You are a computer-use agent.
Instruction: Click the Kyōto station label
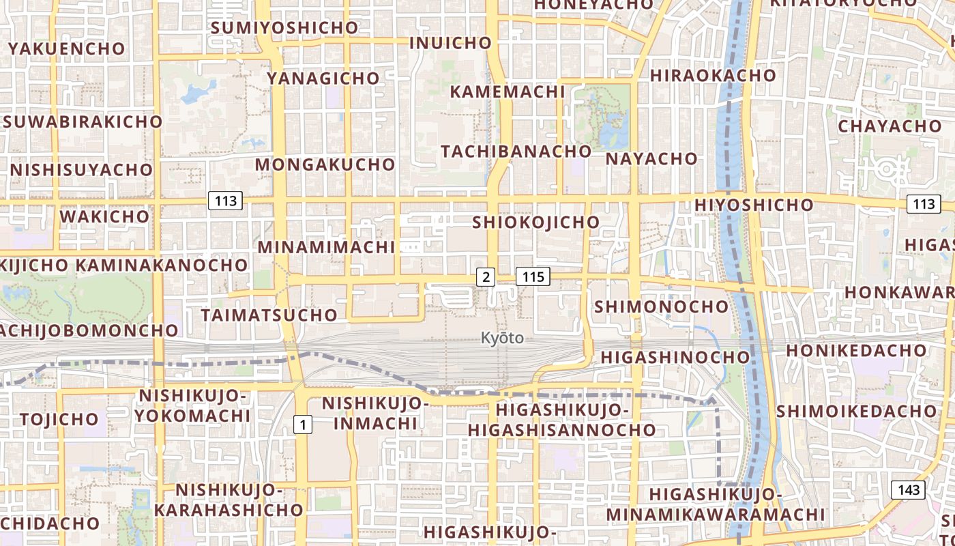502,338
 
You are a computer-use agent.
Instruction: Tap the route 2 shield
485,276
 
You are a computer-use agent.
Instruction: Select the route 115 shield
533,276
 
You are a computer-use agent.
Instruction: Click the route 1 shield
303,425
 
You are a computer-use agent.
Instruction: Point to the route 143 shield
908,489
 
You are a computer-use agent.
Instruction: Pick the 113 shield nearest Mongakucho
225,201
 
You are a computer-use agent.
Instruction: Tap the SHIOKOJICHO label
536,222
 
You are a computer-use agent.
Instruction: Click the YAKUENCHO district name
67,48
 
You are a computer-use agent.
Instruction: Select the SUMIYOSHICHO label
284,28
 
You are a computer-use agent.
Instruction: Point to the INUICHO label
450,43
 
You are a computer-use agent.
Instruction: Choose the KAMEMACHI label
508,91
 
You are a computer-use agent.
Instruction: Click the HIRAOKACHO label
713,75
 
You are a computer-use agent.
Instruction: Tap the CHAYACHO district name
889,126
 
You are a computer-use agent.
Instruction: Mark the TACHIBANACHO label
516,151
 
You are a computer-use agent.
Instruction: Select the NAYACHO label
652,159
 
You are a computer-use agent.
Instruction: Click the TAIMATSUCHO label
269,315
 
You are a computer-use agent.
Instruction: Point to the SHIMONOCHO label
662,306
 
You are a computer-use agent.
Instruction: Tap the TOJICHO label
59,419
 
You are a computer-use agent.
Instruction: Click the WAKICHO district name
104,216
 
